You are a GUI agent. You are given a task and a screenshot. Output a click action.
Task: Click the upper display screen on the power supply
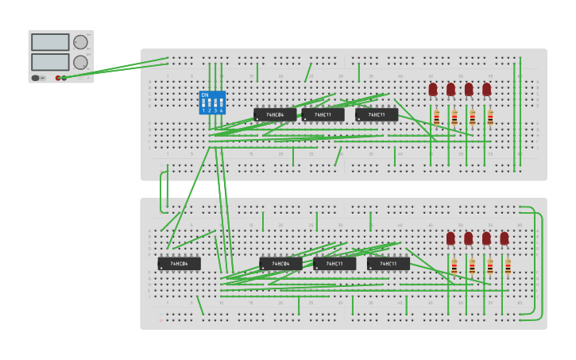(x=50, y=42)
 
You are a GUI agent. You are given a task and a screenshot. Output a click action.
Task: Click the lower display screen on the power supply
(x=50, y=61)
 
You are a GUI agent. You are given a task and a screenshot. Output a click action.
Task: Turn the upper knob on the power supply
(x=80, y=43)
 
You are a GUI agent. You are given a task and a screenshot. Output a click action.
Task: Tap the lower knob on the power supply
(x=80, y=62)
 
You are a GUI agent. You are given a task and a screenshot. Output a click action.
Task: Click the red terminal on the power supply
(x=58, y=78)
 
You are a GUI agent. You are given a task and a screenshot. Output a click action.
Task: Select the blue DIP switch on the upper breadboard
(x=212, y=103)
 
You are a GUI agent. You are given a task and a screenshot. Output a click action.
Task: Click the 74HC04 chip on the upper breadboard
(x=275, y=114)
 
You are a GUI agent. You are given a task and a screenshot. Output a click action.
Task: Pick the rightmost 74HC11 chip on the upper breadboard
(x=377, y=114)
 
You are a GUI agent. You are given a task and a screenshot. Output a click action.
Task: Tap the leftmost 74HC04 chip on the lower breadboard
(x=179, y=263)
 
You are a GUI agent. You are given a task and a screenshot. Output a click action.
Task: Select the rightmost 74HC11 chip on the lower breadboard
(x=389, y=263)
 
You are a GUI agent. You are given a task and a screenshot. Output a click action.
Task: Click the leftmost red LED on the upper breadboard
(x=433, y=89)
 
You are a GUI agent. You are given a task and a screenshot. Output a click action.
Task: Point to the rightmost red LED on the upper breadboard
(x=486, y=89)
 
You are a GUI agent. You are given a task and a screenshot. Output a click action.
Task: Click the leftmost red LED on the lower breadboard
(x=450, y=238)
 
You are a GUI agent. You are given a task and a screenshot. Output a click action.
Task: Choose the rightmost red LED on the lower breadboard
(x=504, y=238)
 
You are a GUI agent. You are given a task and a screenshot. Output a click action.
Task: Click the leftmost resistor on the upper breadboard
(x=436, y=118)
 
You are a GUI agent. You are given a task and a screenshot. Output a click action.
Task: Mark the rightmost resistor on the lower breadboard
(x=508, y=266)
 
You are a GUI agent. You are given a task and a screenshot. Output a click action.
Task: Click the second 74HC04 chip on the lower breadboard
(x=280, y=263)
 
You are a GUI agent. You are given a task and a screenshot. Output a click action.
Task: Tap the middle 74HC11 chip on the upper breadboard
(x=323, y=114)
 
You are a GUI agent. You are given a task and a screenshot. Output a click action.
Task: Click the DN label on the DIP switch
(x=205, y=95)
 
